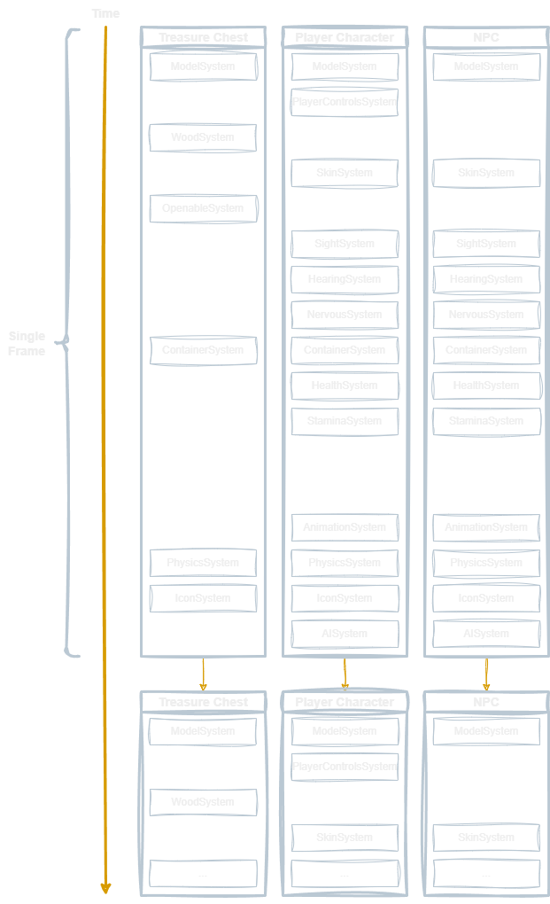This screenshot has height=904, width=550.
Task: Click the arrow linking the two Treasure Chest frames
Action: (x=203, y=674)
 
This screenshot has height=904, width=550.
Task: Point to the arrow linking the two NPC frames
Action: (x=486, y=674)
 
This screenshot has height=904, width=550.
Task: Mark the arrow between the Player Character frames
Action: (x=345, y=674)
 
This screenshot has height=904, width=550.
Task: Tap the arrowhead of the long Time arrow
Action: (x=105, y=887)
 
